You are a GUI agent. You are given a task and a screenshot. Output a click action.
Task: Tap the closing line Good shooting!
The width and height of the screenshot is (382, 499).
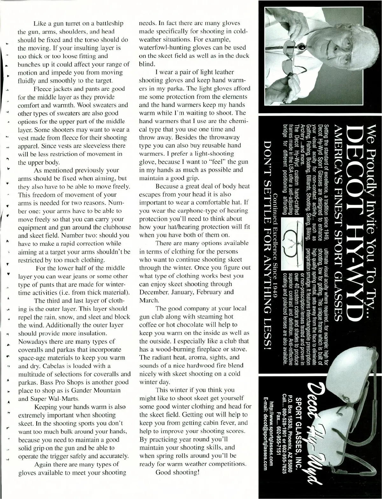point(177,472)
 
